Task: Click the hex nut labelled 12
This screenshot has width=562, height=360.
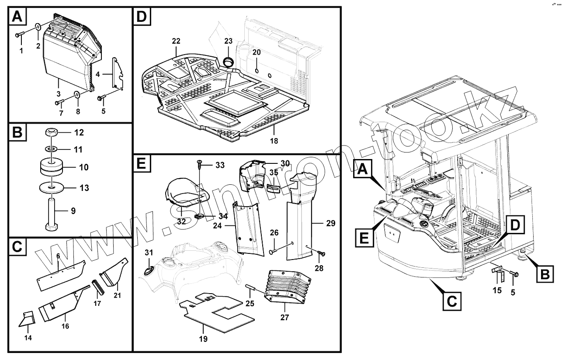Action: (x=52, y=132)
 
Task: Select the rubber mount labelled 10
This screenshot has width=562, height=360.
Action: (x=52, y=167)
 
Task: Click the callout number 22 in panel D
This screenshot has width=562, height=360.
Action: (x=176, y=41)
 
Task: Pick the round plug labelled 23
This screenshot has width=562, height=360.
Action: (x=228, y=62)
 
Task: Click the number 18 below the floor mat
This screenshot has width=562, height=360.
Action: (x=274, y=141)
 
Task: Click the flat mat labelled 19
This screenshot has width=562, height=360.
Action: (x=218, y=313)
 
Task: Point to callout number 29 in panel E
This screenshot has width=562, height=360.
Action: (x=331, y=223)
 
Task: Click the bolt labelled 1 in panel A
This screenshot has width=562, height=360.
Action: (x=20, y=35)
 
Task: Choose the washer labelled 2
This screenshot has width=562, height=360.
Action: (x=38, y=26)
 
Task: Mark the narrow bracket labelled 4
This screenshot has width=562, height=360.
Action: (x=118, y=73)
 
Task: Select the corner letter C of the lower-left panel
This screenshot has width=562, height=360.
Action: (x=17, y=246)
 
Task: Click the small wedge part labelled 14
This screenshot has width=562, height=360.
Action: (x=27, y=319)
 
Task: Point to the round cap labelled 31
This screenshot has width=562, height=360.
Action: (x=148, y=271)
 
